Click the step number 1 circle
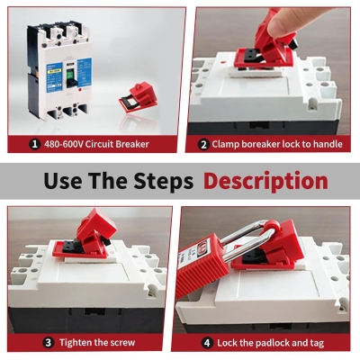[34, 143]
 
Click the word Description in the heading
[265, 180]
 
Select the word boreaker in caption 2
[261, 143]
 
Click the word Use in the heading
[61, 180]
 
